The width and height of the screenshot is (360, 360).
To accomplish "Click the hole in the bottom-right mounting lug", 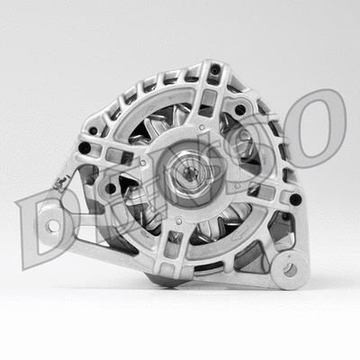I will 291,268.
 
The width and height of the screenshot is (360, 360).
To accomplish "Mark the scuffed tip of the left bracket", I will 59,185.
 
